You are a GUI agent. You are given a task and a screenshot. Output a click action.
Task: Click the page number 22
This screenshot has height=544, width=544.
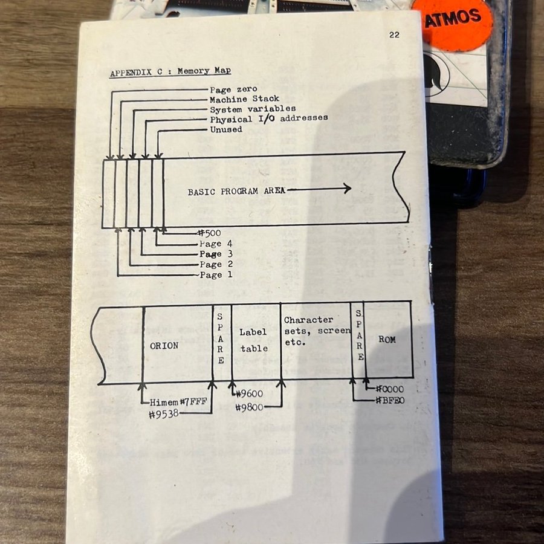394,34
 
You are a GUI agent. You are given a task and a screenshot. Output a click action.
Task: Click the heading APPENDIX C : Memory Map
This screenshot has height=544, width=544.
170,72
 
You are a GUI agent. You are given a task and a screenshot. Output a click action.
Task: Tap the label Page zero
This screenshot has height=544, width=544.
233,89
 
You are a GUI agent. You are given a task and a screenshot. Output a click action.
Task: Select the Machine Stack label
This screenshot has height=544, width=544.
244,99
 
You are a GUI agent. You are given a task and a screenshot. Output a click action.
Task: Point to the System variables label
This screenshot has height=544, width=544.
253,109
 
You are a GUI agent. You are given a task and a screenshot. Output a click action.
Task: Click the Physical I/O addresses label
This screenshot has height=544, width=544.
269,119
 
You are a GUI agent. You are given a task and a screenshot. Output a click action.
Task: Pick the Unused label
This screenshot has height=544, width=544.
226,129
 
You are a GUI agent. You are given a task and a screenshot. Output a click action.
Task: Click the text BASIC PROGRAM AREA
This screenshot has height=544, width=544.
236,191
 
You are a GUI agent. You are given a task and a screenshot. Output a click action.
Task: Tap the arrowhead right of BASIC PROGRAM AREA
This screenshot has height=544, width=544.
348,189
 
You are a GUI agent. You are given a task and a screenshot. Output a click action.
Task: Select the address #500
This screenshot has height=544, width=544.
209,233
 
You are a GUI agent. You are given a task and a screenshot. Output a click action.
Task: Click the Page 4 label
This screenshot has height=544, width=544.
216,244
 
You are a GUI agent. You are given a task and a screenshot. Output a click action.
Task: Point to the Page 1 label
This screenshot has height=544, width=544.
216,275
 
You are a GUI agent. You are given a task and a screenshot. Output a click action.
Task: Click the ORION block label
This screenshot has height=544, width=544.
164,346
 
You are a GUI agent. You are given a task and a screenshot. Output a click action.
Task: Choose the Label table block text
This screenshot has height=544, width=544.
254,340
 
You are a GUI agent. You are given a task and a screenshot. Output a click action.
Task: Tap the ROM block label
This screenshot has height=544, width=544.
387,339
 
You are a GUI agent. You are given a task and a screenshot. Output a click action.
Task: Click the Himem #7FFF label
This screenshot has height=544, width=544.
178,402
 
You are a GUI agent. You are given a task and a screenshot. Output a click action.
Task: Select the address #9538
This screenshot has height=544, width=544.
164,414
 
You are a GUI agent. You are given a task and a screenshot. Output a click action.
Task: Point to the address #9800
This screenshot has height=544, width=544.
249,407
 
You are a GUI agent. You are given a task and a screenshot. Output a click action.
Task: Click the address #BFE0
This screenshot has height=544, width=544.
390,400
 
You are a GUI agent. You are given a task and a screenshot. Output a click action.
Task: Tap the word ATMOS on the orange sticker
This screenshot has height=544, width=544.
453,18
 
